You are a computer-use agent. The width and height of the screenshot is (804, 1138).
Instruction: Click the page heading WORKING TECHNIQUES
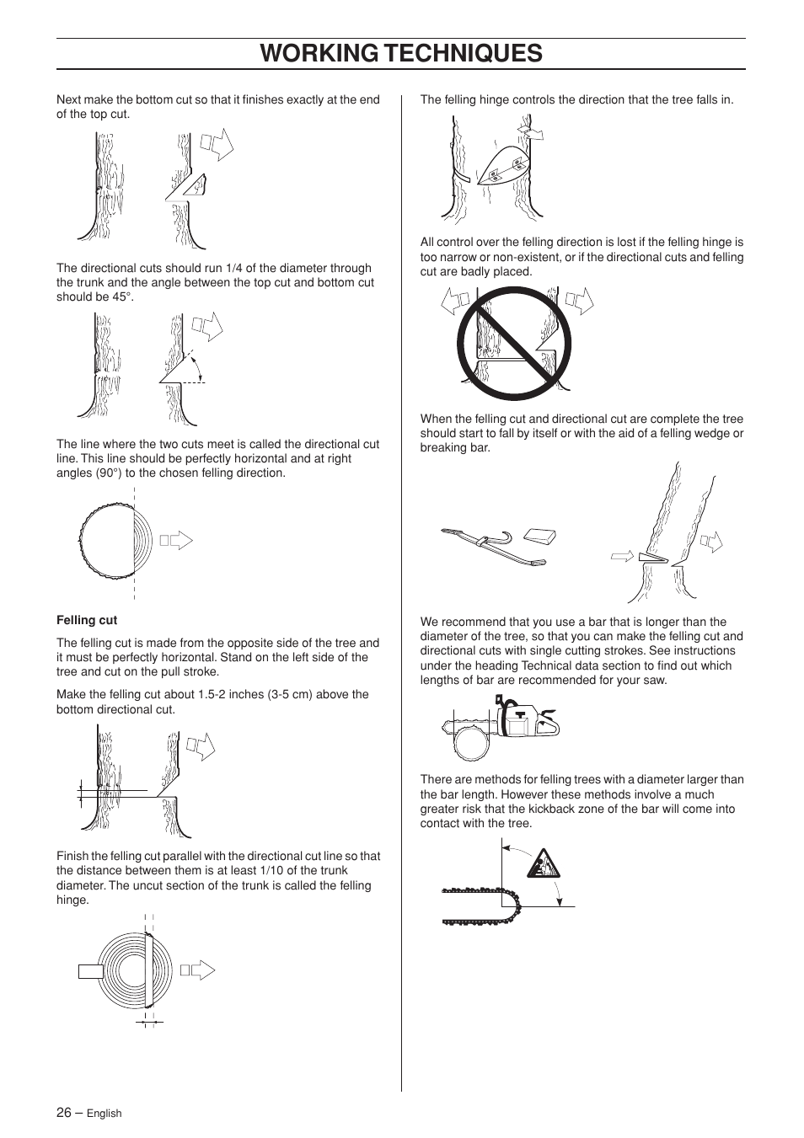[x=401, y=53]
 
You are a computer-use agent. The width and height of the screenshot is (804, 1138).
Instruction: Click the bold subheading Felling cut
[x=87, y=620]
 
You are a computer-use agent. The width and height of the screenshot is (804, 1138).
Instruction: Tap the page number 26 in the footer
[x=64, y=1112]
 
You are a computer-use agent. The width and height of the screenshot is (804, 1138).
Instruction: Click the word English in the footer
[x=105, y=1114]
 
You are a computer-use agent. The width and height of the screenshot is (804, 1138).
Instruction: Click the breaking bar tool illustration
[x=493, y=546]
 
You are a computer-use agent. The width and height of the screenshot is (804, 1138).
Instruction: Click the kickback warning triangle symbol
[x=543, y=864]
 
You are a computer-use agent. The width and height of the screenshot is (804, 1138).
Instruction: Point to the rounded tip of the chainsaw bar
[x=515, y=905]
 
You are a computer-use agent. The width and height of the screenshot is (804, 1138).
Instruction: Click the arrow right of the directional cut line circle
[x=176, y=541]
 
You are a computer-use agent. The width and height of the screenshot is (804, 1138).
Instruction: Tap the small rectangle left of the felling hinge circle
[x=90, y=971]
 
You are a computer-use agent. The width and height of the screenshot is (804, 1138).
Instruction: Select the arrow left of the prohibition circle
[x=455, y=302]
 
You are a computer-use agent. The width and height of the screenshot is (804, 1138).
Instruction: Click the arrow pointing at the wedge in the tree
[x=623, y=555]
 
